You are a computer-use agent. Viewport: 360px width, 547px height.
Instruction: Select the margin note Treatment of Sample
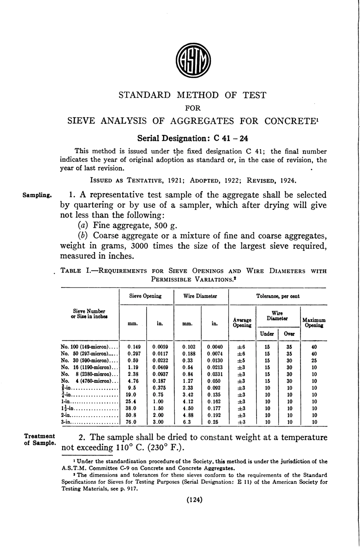39,440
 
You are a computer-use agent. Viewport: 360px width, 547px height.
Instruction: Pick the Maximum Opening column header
314,323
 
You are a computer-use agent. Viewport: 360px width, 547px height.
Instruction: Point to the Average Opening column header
242,323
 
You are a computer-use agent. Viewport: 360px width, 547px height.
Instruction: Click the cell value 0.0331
215,374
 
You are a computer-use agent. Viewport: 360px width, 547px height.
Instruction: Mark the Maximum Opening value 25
314,360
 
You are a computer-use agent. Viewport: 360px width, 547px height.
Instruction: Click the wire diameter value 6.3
187,422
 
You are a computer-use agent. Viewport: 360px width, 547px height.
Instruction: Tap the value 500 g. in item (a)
166,226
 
